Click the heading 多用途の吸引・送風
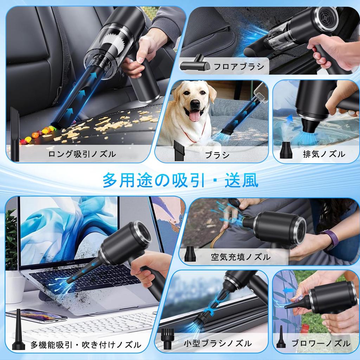[x=180, y=180]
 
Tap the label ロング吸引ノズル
[x=82, y=154]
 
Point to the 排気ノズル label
[x=324, y=154]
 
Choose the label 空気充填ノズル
[x=241, y=257]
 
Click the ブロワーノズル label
[x=321, y=343]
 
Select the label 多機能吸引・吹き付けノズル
[x=86, y=344]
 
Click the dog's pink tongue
[x=194, y=116]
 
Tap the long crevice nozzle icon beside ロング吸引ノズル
[x=15, y=134]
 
